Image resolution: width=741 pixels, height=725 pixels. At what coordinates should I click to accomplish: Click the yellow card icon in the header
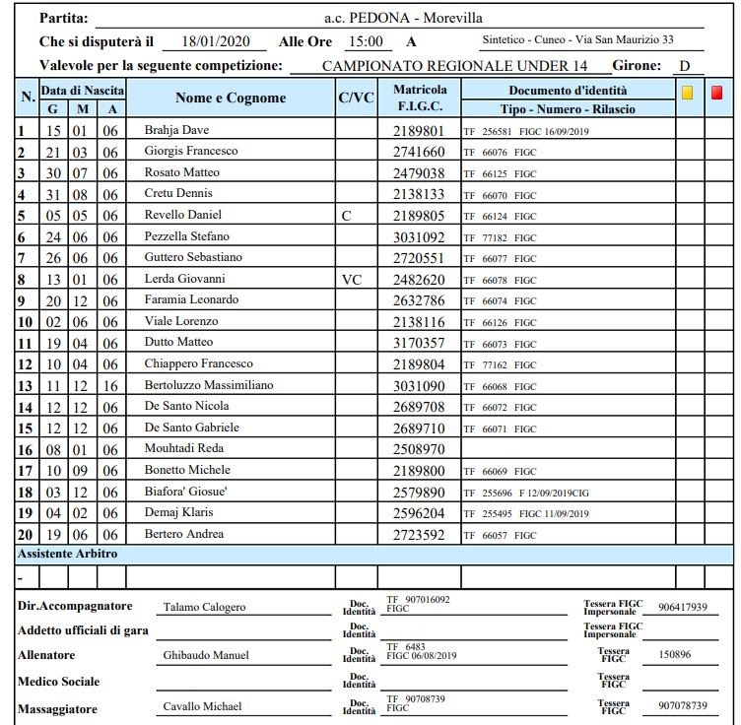pos(688,93)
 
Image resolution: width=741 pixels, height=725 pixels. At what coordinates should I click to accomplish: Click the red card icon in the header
pos(716,93)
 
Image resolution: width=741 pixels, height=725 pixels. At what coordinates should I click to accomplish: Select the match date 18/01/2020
pos(210,41)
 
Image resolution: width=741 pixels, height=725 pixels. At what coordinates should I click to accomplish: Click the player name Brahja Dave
pos(176,129)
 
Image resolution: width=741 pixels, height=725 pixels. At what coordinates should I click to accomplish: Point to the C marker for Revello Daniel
pos(346,215)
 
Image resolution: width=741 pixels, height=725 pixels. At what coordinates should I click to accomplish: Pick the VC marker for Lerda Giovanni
pos(351,279)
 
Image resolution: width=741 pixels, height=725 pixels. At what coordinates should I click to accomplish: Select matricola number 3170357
pos(419,343)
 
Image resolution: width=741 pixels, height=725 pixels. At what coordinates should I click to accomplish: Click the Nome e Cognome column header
pos(231,98)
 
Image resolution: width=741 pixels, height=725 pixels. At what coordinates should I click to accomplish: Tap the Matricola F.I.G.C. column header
pos(420,97)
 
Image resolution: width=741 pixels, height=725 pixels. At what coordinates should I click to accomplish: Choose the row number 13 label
pos(25,386)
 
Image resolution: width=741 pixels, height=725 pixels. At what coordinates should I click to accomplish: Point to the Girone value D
pos(684,66)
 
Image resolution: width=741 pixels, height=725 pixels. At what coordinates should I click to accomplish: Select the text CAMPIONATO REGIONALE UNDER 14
pos(453,66)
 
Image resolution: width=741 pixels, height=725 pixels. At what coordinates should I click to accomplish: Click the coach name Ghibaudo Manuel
pos(206,655)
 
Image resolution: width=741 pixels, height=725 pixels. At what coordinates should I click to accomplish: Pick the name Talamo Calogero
pos(204,607)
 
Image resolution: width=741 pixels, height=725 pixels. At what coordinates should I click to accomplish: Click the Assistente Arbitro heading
pos(68,554)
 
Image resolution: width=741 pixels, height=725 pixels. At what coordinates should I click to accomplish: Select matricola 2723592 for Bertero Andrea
pos(419,535)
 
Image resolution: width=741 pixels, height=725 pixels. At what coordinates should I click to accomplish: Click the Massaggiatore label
pos(60,707)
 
